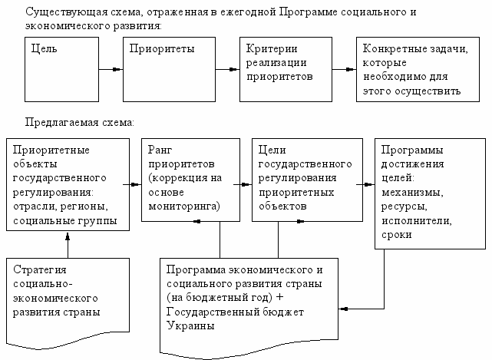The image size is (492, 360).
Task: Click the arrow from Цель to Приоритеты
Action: coord(112,70)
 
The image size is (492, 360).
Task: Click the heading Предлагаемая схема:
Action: coord(80,121)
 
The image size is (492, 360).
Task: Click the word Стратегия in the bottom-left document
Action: coord(40,270)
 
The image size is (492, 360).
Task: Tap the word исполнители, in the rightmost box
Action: coord(414,221)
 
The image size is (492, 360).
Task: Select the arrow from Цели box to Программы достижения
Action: coord(364,183)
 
